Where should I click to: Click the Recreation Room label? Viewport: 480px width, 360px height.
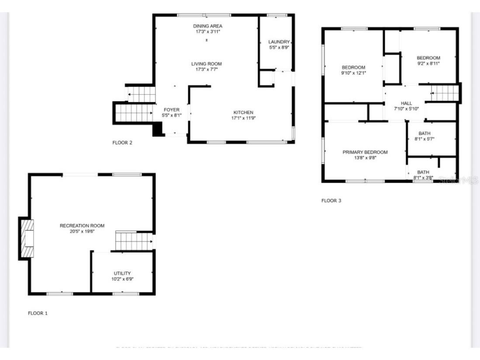coord(82,226)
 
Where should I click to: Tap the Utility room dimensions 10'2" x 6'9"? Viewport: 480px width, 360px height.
coord(122,279)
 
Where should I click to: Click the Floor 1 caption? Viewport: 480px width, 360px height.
coord(38,313)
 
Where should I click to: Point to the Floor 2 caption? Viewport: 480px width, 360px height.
coord(122,143)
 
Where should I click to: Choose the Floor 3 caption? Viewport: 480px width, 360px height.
coord(331,201)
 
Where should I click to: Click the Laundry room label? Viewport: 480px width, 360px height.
coord(279,42)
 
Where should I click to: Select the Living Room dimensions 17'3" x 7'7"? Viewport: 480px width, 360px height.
coord(206,69)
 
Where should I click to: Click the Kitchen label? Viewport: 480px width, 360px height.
coord(243,113)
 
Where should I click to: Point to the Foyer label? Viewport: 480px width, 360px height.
coord(172,110)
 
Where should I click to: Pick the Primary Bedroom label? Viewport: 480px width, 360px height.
coord(365,152)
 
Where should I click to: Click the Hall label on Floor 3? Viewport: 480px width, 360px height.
coord(406,103)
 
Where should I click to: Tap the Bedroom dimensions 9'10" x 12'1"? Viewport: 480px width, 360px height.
coord(353,73)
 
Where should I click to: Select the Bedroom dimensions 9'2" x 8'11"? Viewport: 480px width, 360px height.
coord(428,63)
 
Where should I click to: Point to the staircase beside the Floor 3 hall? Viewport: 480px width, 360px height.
coord(444,92)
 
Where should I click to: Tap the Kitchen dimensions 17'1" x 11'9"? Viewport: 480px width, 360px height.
coord(243,118)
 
